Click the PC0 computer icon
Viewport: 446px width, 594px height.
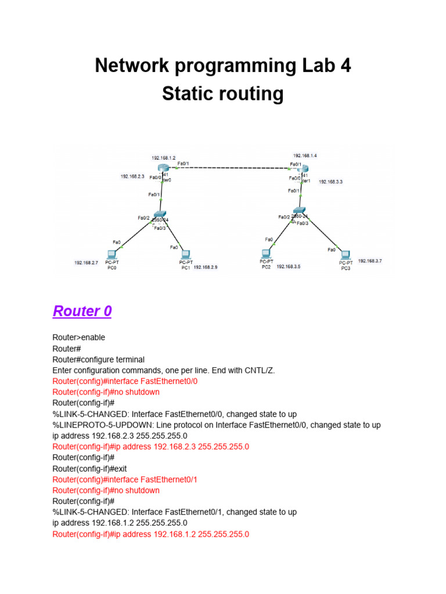click(x=111, y=253)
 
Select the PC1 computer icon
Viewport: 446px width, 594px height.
click(x=186, y=253)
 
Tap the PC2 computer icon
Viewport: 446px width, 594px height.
click(x=266, y=253)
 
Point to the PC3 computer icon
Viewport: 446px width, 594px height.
click(x=346, y=254)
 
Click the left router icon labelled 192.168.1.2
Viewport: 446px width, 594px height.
click(x=162, y=168)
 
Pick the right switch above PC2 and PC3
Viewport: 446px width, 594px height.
click(x=300, y=212)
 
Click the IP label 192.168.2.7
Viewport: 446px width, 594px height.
click(x=86, y=263)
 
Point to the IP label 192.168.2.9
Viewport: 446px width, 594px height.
click(x=206, y=267)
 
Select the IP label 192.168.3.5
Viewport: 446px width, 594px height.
click(x=289, y=267)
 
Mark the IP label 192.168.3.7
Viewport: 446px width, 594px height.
click(x=370, y=261)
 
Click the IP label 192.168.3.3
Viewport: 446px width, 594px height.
click(x=331, y=182)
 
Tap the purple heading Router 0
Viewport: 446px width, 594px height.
click(x=82, y=312)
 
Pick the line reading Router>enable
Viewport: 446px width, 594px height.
click(x=78, y=337)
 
